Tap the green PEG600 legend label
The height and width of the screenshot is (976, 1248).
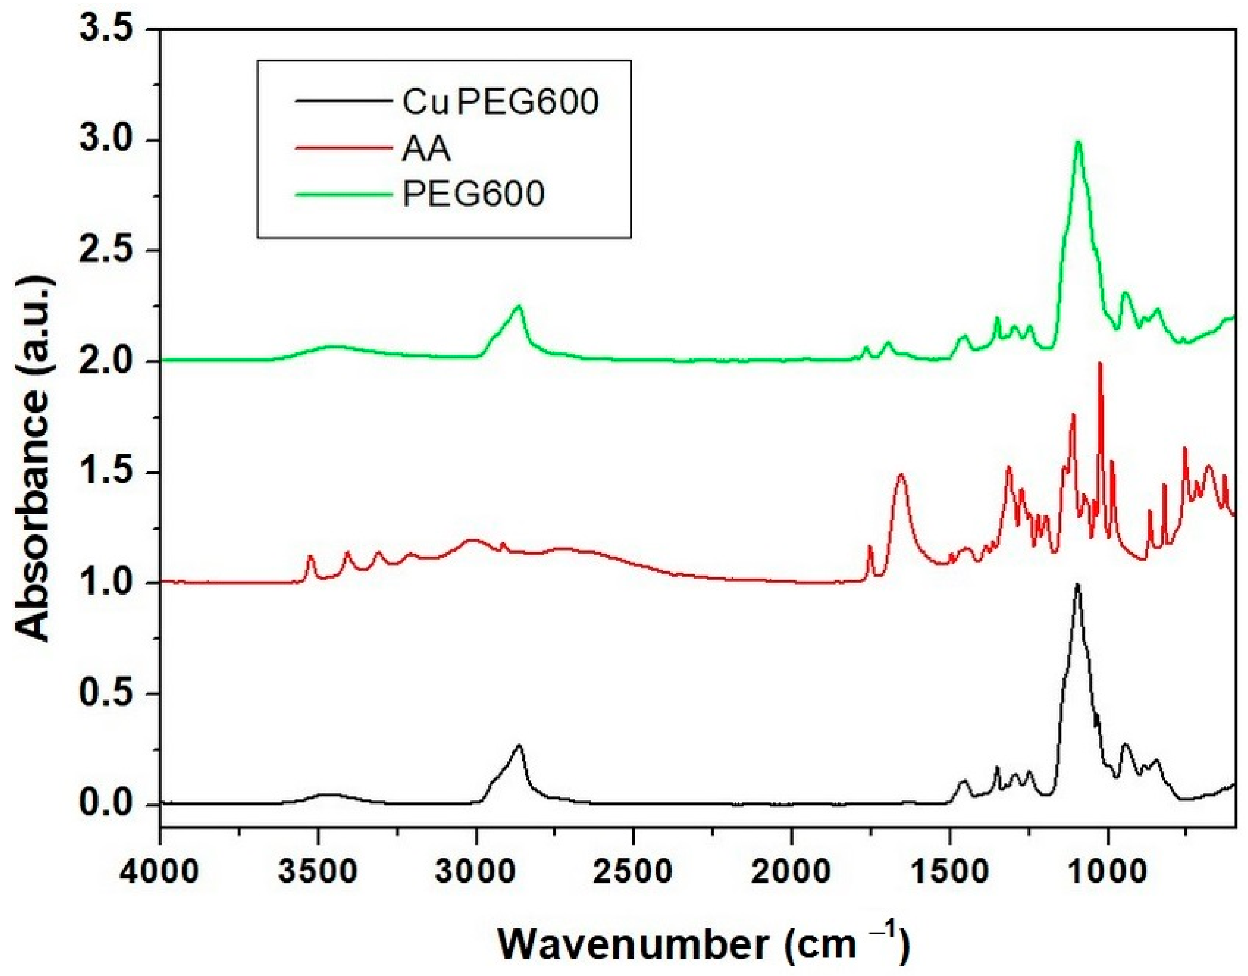473,194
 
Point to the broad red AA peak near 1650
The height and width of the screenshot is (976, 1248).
901,474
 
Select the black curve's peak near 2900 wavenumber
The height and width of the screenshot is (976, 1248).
518,745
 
